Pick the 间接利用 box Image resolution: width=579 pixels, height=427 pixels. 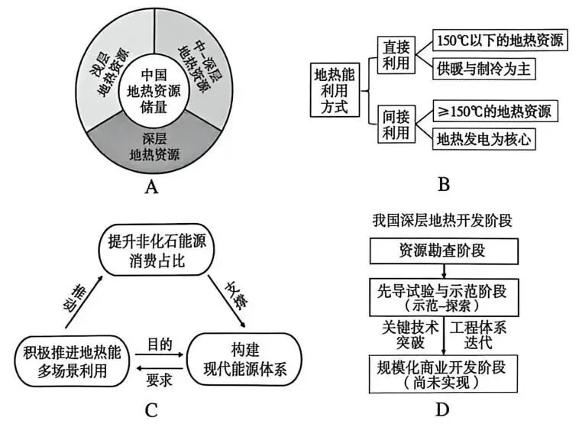coord(396,125)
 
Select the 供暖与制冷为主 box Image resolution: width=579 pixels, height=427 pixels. coord(482,68)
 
